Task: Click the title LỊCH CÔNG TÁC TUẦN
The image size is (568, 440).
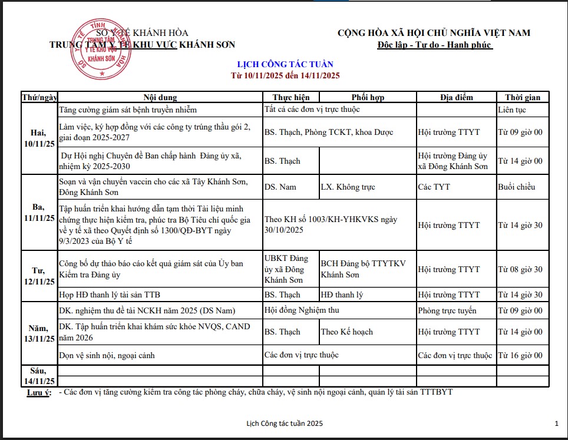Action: [x=285, y=64]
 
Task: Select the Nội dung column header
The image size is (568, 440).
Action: [x=160, y=97]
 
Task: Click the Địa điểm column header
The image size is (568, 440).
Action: [x=456, y=97]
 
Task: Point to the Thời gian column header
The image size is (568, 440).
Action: [x=522, y=97]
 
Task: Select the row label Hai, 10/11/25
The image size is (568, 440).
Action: [x=39, y=138]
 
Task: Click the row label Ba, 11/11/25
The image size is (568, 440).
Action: [x=39, y=213]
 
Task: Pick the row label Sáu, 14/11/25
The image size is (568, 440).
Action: [x=39, y=376]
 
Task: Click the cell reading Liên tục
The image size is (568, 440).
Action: [x=511, y=110]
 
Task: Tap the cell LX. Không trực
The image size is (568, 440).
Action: [x=348, y=187]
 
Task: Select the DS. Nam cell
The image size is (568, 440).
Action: [x=280, y=187]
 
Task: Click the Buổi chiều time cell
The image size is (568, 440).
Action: [x=516, y=187]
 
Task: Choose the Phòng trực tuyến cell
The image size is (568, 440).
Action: [x=447, y=310]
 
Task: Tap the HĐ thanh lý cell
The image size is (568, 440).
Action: [x=342, y=295]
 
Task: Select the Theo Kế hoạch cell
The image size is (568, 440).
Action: [x=346, y=332]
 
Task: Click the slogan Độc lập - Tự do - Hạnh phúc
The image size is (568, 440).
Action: [x=434, y=45]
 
